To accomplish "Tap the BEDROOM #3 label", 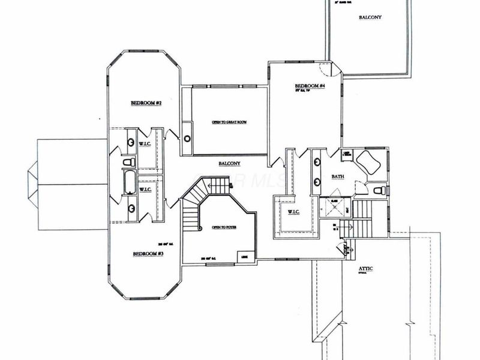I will click(148, 254).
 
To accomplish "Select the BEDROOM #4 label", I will click(310, 87).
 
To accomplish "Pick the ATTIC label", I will click(365, 269).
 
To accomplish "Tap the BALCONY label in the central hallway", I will click(229, 163).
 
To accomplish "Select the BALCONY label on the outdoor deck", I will click(371, 17).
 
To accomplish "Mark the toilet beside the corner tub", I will click(378, 190).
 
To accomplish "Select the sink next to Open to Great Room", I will click(187, 139).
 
